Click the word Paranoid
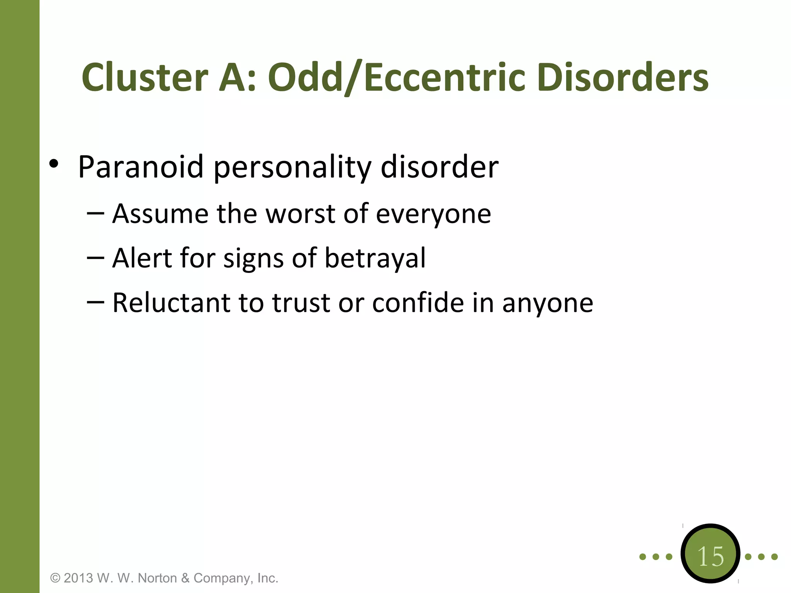141,167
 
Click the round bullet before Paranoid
54,164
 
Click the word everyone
433,215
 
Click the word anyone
547,303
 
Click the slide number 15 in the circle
711,557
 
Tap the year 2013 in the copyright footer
78,578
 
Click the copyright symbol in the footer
56,578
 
